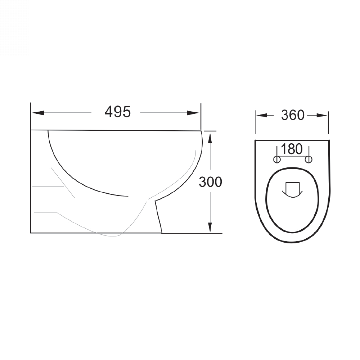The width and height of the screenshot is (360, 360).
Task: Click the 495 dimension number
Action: click(x=117, y=112)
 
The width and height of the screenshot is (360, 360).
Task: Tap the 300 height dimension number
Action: click(x=210, y=182)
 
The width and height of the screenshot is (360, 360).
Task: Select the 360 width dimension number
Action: click(x=293, y=115)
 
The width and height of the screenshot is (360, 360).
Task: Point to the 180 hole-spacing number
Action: click(x=292, y=149)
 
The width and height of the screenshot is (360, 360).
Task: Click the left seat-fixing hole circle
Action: click(x=277, y=159)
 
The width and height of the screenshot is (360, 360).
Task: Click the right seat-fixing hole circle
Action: click(x=308, y=159)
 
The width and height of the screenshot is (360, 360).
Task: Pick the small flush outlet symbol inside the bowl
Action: click(x=292, y=190)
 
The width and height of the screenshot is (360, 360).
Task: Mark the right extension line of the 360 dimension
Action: click(x=328, y=122)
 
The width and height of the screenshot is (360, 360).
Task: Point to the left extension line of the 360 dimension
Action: click(x=256, y=122)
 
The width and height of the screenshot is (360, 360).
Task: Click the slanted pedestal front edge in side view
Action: click(x=158, y=216)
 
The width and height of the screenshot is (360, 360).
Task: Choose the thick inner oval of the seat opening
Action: click(x=267, y=202)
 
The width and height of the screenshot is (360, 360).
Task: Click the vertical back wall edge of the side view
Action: click(x=31, y=180)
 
